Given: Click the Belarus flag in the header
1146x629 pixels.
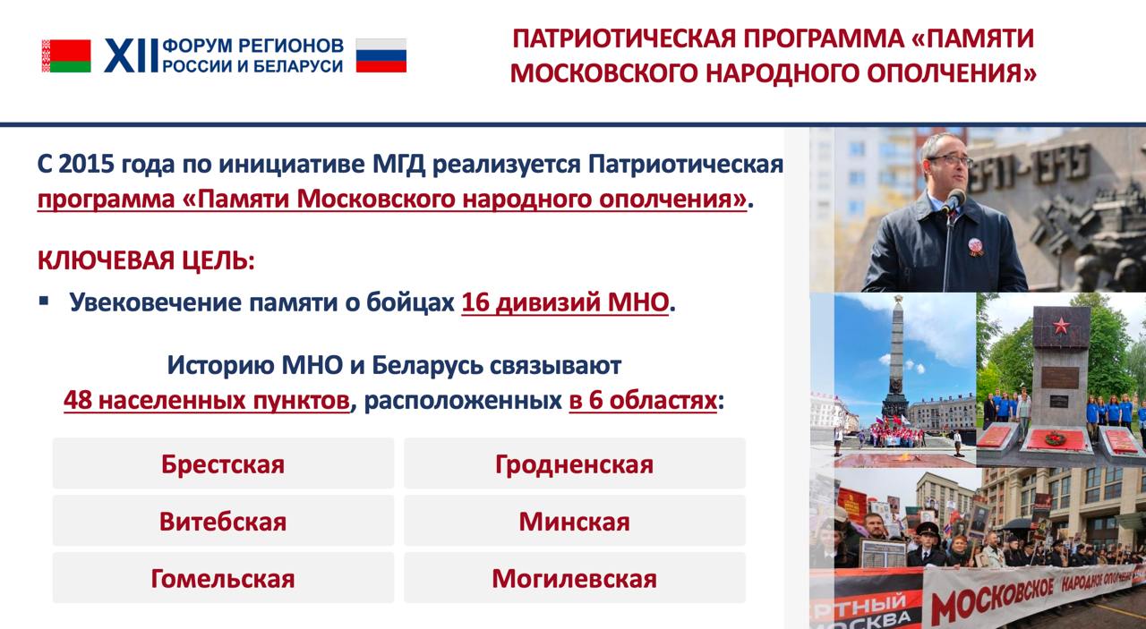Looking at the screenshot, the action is pyautogui.click(x=66, y=55).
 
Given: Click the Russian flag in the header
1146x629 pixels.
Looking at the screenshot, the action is pyautogui.click(x=381, y=55).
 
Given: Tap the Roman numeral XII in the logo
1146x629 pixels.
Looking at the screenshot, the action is pyautogui.click(x=131, y=55).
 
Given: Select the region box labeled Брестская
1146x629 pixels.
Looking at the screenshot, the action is pyautogui.click(x=223, y=463).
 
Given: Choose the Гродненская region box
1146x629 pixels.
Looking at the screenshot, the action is pyautogui.click(x=575, y=463).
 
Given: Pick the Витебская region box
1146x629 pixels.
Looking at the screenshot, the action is pyautogui.click(x=223, y=521).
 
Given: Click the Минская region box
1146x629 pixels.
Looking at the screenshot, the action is pyautogui.click(x=575, y=521).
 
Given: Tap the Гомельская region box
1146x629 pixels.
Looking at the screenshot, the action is pyautogui.click(x=223, y=578).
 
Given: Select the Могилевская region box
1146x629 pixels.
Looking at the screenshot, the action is pyautogui.click(x=575, y=578).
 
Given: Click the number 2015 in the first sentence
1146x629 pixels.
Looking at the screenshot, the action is pyautogui.click(x=85, y=165).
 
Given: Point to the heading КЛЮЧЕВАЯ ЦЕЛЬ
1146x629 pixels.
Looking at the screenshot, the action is pyautogui.click(x=146, y=260).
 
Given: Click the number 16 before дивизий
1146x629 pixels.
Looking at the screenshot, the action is pyautogui.click(x=475, y=302).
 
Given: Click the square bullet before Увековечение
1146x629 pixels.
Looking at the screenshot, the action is pyautogui.click(x=44, y=301).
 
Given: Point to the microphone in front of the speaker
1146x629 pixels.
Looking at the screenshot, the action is pyautogui.click(x=954, y=200).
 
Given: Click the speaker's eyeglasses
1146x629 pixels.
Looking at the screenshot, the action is pyautogui.click(x=950, y=160).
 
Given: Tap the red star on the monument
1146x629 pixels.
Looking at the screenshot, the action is pyautogui.click(x=1061, y=326).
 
